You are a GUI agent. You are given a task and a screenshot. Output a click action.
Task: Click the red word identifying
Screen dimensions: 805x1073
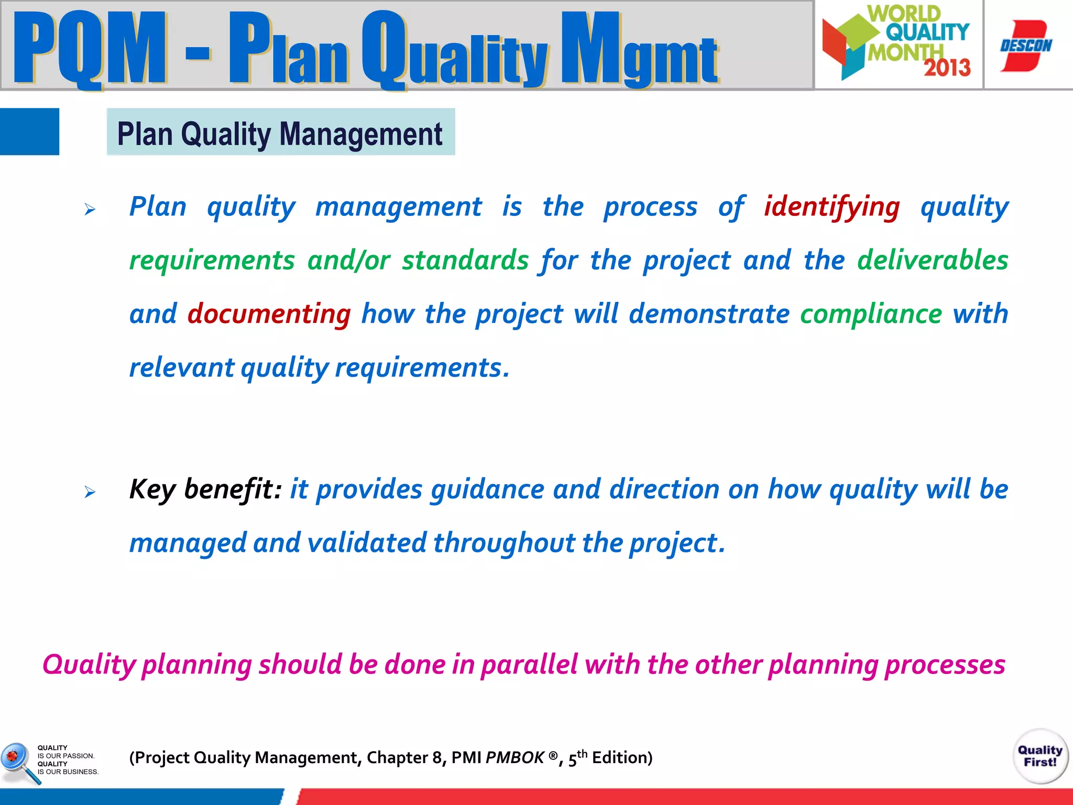(831, 206)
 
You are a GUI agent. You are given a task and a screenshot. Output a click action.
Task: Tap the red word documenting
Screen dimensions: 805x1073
(269, 314)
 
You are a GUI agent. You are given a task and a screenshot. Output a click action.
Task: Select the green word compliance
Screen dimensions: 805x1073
(871, 314)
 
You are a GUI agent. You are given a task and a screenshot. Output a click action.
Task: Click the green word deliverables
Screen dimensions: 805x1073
(932, 260)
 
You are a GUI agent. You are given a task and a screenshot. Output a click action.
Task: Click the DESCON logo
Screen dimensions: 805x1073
(1026, 46)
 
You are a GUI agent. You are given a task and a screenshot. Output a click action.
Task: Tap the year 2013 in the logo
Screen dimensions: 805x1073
(947, 68)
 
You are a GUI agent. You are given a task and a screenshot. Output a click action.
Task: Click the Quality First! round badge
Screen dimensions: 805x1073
(1040, 756)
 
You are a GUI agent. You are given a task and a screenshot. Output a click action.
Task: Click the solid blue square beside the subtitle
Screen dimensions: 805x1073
(29, 132)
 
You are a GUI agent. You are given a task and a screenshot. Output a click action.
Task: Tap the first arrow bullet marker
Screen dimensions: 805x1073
(90, 210)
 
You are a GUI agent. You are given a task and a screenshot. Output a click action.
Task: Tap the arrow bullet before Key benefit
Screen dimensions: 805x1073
(90, 492)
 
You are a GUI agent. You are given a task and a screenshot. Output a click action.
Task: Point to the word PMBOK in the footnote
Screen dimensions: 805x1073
(515, 758)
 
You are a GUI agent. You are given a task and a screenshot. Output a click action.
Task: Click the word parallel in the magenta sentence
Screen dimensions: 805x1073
(529, 665)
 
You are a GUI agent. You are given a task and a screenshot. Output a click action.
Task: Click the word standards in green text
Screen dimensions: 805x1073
(465, 260)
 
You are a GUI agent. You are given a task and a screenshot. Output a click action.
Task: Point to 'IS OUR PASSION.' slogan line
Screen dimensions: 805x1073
(66, 756)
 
